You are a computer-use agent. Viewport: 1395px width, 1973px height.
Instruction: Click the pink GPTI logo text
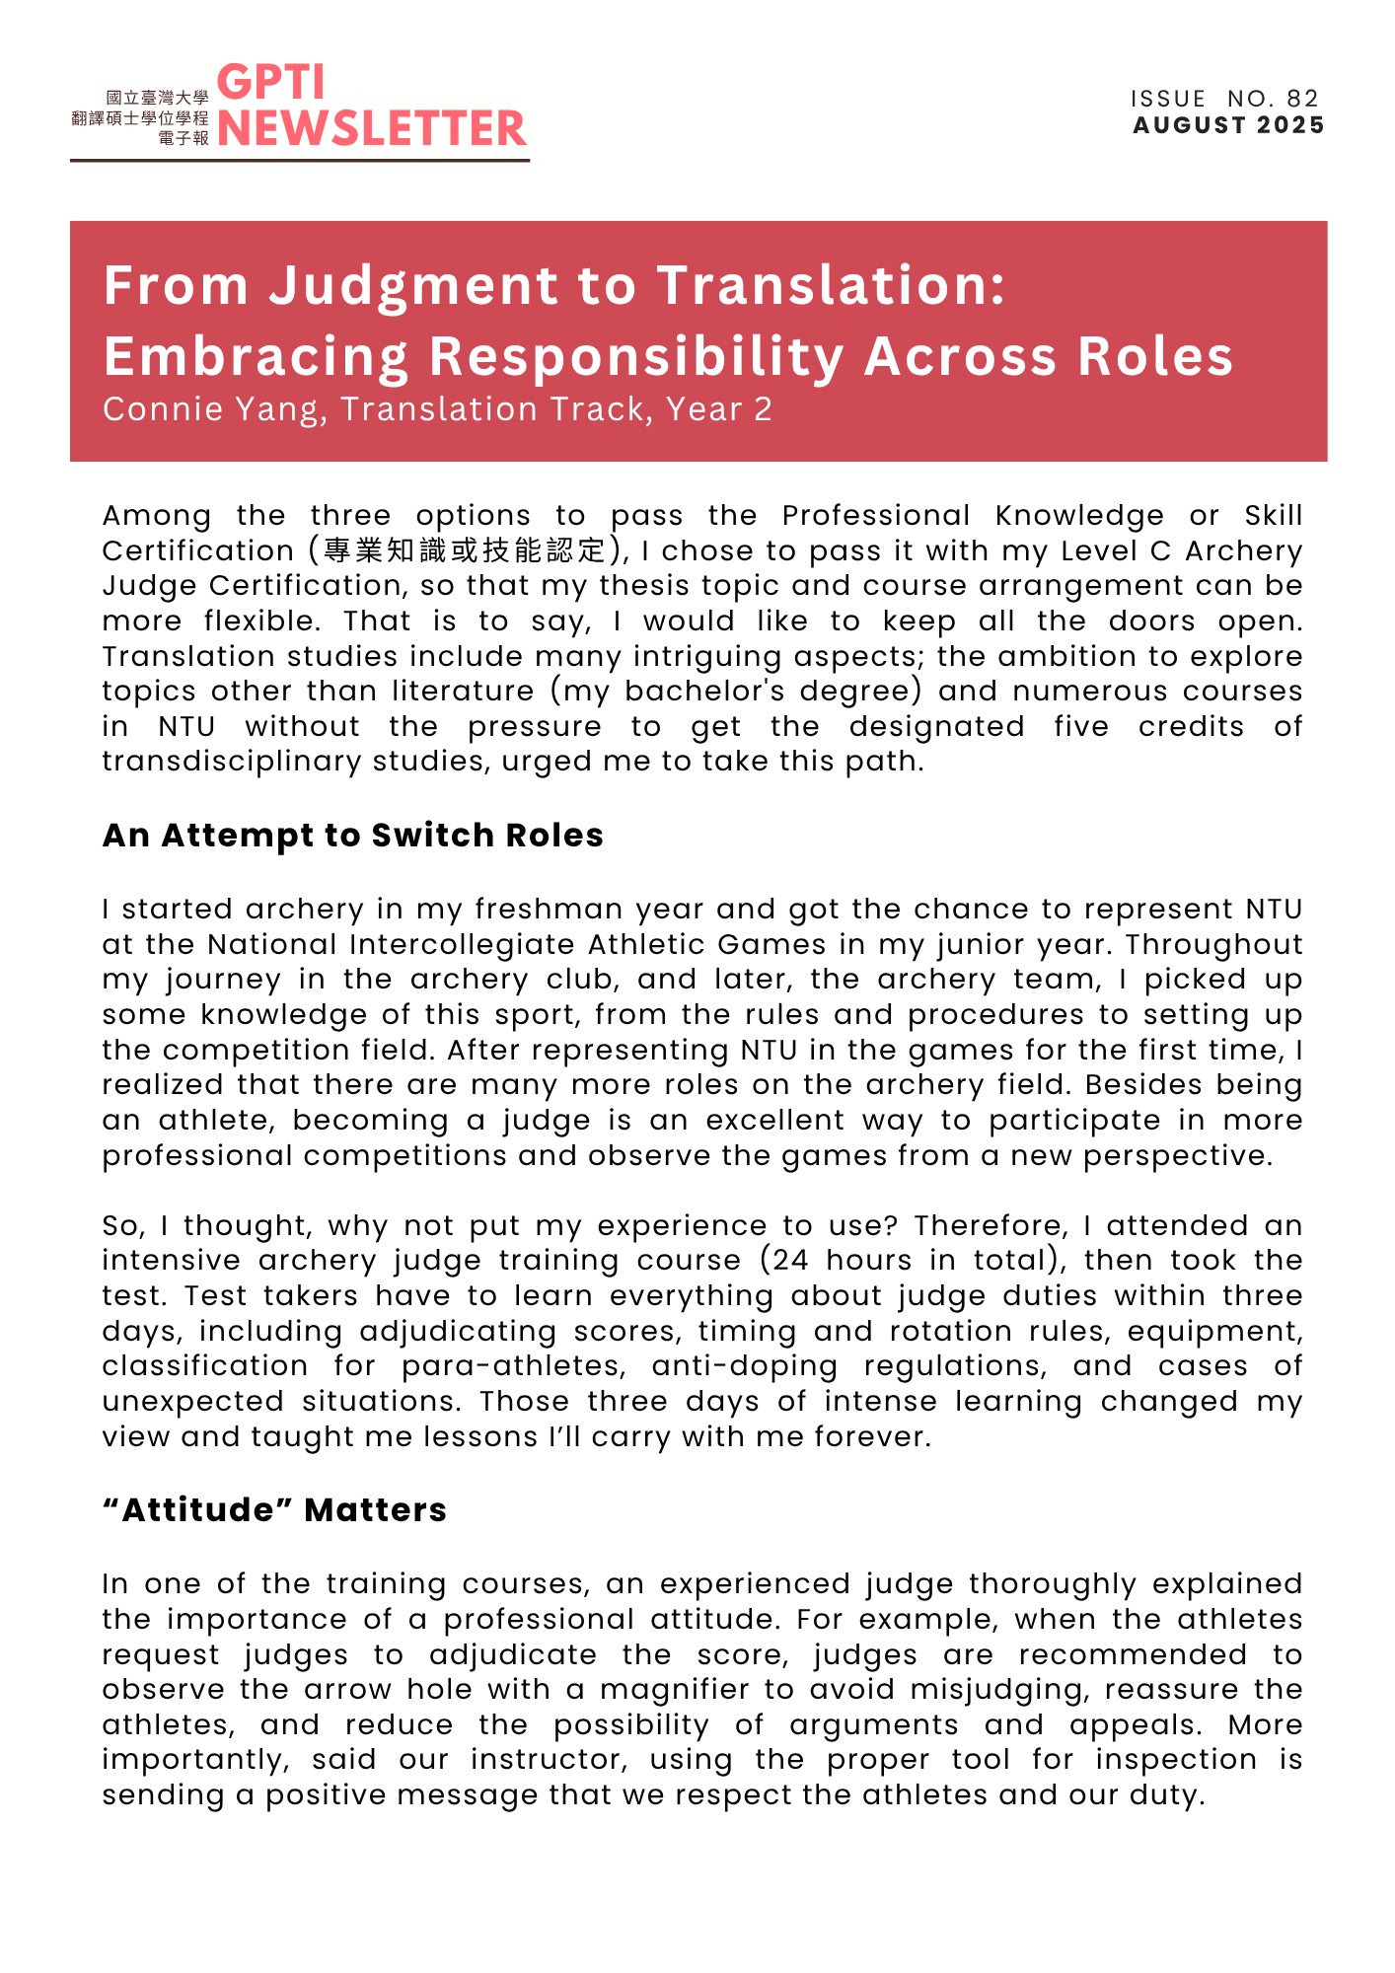[x=270, y=83]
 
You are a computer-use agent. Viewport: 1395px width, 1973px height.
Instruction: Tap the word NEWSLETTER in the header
[x=372, y=129]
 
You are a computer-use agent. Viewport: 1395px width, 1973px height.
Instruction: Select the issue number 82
[x=1302, y=99]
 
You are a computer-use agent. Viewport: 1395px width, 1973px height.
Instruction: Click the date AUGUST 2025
[x=1228, y=125]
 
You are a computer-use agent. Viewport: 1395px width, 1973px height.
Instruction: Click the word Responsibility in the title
[x=636, y=357]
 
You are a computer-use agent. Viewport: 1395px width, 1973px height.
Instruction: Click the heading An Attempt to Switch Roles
[x=352, y=836]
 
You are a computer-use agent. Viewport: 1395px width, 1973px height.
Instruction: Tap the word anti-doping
[x=744, y=1366]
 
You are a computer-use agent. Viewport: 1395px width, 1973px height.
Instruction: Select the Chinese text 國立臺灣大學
[x=157, y=98]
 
